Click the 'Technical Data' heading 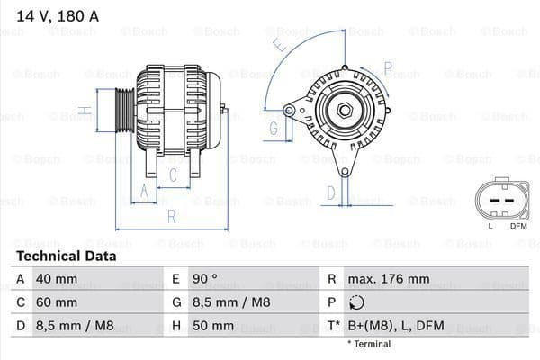point(66,256)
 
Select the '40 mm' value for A point(56,279)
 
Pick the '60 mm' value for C point(56,302)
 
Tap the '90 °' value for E point(202,279)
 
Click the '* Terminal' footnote point(369,344)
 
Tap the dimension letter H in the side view point(83,112)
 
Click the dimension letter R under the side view point(171,216)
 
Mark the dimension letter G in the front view point(274,128)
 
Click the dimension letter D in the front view point(330,192)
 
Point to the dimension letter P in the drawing point(388,66)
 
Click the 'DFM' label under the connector point(518,226)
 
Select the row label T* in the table point(333,326)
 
